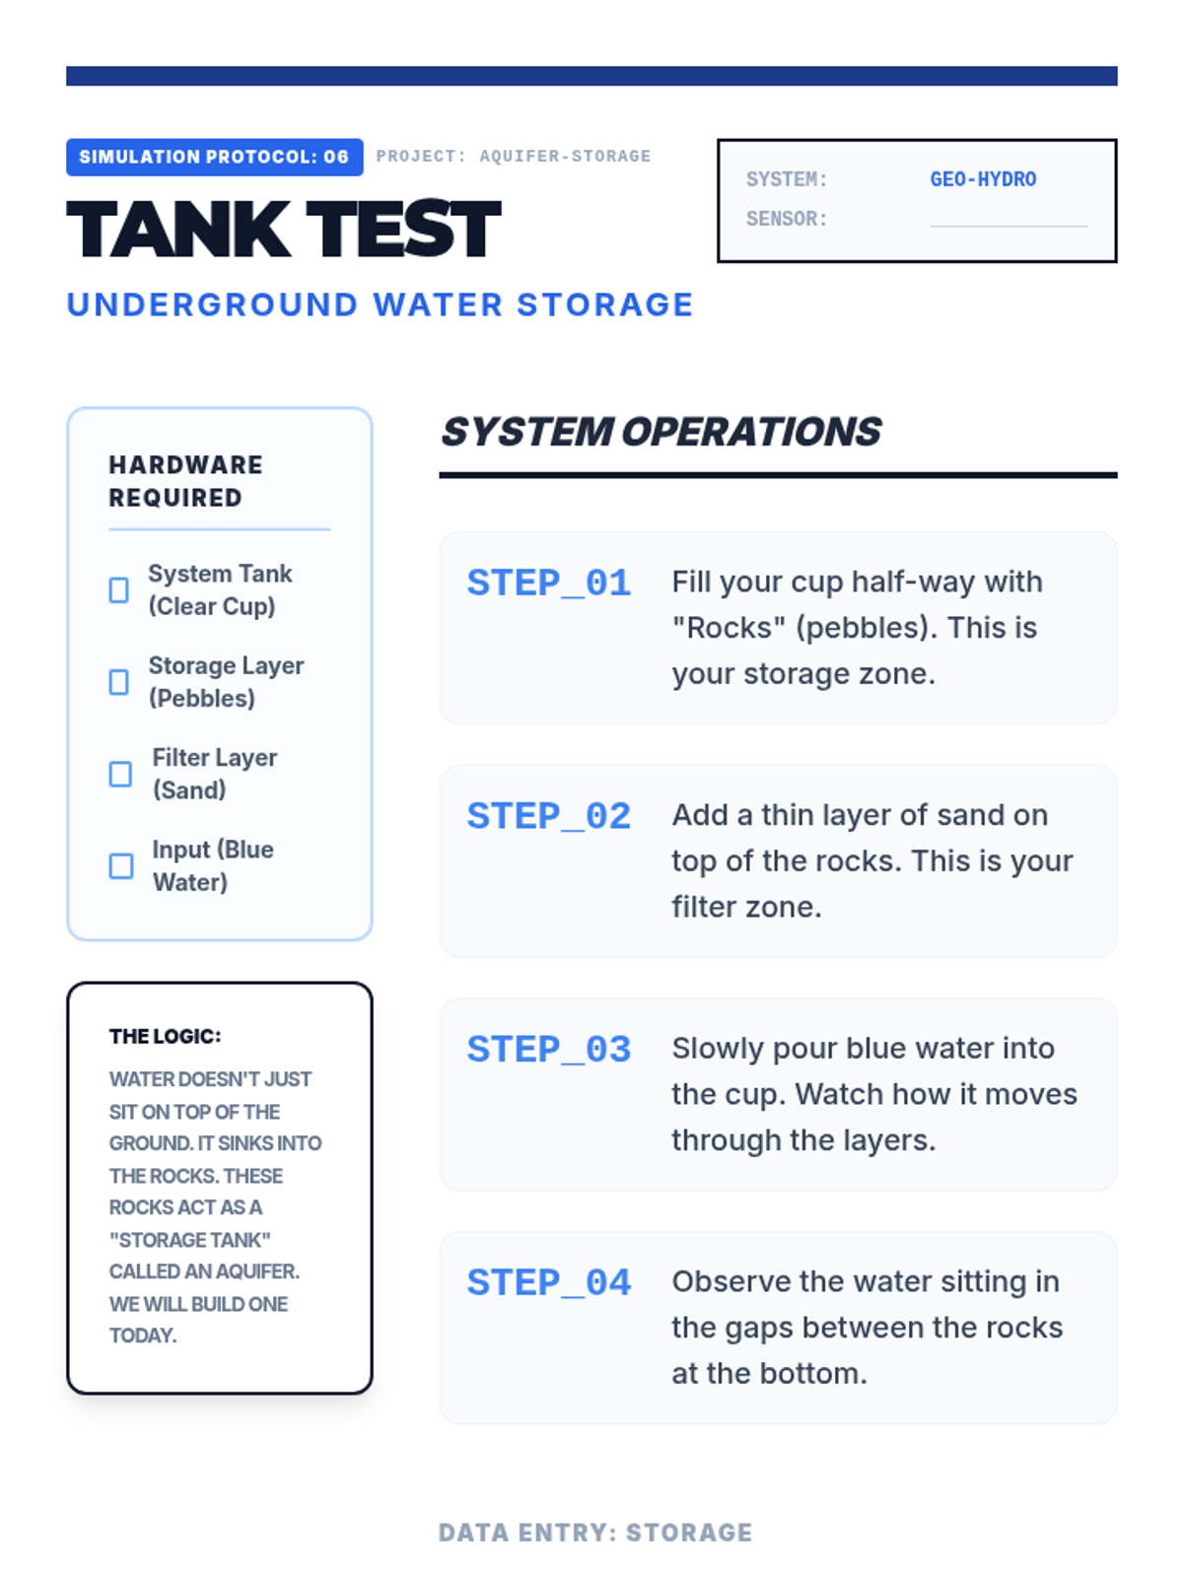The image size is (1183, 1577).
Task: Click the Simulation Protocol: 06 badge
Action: [214, 157]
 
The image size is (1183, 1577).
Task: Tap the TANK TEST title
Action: [284, 230]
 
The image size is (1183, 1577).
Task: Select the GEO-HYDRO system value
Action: [983, 179]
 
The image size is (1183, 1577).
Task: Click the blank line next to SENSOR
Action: [1009, 226]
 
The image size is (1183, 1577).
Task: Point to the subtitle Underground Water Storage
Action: [380, 305]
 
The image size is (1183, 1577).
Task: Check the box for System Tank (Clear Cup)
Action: [119, 589]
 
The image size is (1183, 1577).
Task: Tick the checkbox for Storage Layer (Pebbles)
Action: [119, 682]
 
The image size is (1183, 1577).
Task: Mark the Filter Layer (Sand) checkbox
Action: [120, 774]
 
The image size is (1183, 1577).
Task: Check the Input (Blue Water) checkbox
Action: [120, 865]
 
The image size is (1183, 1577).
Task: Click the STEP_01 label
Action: [549, 582]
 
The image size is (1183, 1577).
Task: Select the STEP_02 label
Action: [549, 815]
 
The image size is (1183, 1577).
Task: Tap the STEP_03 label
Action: [549, 1049]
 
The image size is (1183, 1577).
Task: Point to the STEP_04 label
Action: [549, 1282]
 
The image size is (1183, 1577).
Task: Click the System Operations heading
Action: [661, 432]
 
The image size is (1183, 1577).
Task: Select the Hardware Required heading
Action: [185, 481]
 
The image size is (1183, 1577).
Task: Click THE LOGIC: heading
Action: [166, 1036]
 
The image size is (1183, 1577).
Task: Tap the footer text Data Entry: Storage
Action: [595, 1533]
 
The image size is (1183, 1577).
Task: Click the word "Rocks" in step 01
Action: [729, 627]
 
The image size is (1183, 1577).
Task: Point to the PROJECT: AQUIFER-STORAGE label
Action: [514, 156]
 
